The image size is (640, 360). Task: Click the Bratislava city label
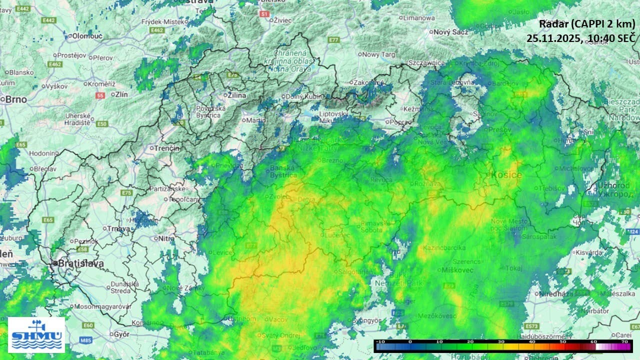tap(80, 263)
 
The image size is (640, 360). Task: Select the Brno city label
tap(16, 99)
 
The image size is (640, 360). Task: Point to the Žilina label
tap(236, 95)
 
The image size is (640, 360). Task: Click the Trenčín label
tap(167, 148)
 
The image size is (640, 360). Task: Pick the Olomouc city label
tap(87, 36)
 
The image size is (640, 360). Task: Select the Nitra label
tap(166, 238)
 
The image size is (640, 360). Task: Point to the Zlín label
tap(122, 94)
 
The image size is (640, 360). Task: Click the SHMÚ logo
tap(36, 334)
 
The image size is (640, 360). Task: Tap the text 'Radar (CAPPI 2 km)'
tap(586, 23)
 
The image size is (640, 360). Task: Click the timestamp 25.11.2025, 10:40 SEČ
tap(580, 38)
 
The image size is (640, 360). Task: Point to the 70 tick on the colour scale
tap(624, 341)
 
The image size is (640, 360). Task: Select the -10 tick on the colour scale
tap(380, 341)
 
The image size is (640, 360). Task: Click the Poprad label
tap(400, 122)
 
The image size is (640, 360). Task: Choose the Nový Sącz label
tap(450, 32)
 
